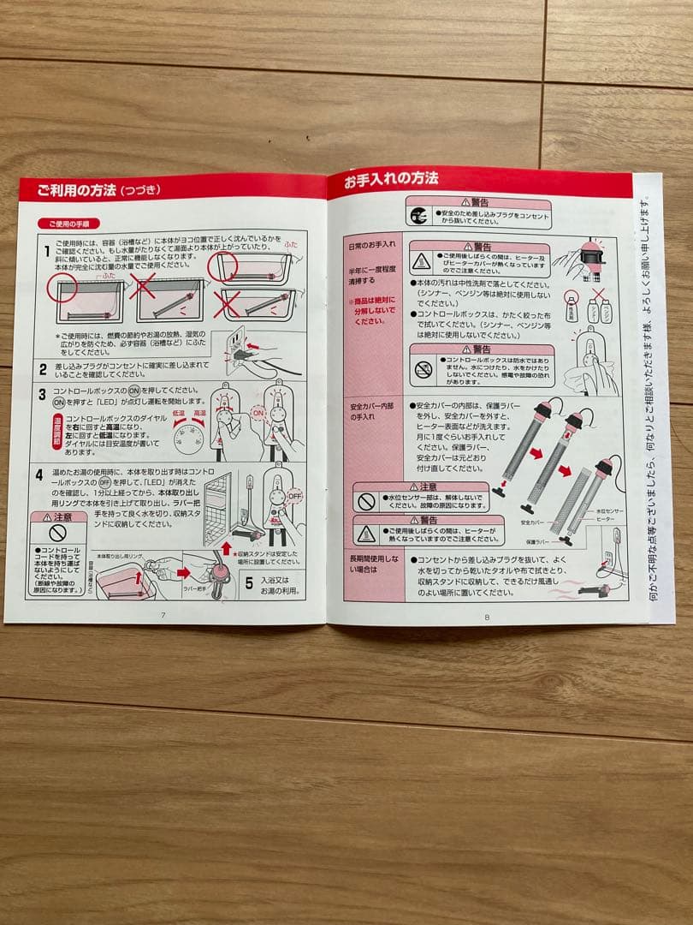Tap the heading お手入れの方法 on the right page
(391, 180)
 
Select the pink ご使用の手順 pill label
(68, 223)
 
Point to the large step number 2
(42, 370)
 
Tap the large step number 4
(39, 474)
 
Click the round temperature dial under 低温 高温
(189, 439)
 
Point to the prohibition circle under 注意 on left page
(57, 533)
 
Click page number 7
(163, 614)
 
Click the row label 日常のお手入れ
(371, 245)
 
